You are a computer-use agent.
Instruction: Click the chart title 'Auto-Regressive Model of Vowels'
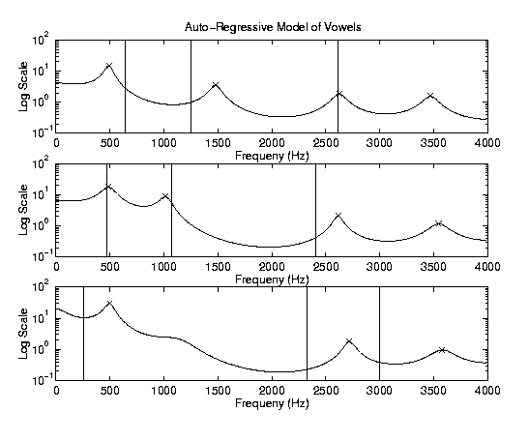pyautogui.click(x=273, y=27)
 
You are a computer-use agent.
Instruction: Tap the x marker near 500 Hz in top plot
pyautogui.click(x=109, y=65)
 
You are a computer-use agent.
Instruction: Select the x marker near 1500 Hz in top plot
pyautogui.click(x=216, y=84)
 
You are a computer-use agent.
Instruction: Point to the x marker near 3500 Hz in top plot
pyautogui.click(x=430, y=96)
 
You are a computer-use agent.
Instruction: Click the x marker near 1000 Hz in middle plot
pyautogui.click(x=165, y=195)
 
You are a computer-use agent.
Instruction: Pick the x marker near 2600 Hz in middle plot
pyautogui.click(x=338, y=215)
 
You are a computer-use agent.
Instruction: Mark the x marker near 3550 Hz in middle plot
pyautogui.click(x=438, y=223)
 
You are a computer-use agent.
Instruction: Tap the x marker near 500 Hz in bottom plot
pyautogui.click(x=109, y=303)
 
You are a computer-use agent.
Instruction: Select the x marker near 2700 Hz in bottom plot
pyautogui.click(x=349, y=340)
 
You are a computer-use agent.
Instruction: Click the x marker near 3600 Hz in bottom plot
pyautogui.click(x=442, y=349)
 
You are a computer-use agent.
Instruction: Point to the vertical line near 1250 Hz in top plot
pyautogui.click(x=191, y=86)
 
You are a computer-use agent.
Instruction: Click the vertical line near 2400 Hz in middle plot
pyautogui.click(x=315, y=210)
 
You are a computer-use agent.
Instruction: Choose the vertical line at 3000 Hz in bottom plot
pyautogui.click(x=379, y=334)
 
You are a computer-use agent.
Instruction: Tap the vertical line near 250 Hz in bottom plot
pyautogui.click(x=83, y=334)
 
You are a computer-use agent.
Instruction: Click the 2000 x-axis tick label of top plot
pyautogui.click(x=272, y=143)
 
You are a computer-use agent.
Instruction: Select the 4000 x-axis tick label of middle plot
pyautogui.click(x=487, y=267)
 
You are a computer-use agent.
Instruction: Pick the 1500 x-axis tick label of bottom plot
pyautogui.click(x=218, y=391)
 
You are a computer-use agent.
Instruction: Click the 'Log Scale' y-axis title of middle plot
pyautogui.click(x=23, y=210)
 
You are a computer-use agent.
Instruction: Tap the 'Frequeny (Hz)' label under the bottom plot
pyautogui.click(x=272, y=403)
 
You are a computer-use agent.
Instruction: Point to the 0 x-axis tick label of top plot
pyautogui.click(x=56, y=143)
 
